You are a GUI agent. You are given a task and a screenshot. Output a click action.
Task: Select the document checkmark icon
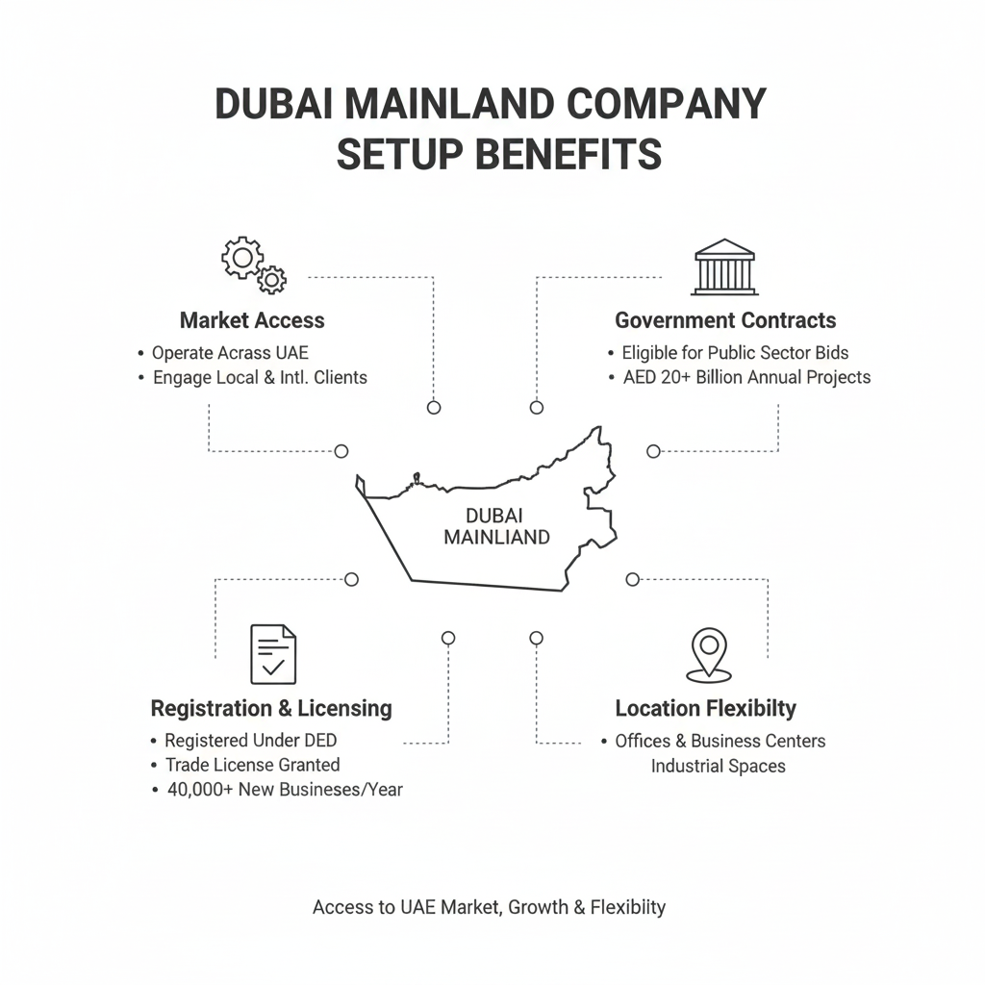[273, 654]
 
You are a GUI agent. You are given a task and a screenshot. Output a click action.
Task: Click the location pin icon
[709, 654]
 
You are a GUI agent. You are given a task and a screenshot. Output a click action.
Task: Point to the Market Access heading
[252, 320]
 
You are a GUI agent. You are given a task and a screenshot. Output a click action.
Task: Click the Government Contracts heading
[725, 320]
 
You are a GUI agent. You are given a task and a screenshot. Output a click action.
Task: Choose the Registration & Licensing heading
[271, 709]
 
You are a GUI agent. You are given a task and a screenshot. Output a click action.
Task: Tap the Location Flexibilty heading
[705, 709]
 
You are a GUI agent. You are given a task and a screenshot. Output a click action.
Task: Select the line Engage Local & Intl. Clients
[260, 378]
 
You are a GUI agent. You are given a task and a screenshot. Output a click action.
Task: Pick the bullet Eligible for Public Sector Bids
[735, 353]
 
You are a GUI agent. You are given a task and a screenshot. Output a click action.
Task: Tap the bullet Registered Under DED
[250, 741]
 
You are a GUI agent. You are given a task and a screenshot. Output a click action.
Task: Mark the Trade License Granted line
[252, 766]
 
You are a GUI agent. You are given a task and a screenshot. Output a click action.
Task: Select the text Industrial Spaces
[718, 767]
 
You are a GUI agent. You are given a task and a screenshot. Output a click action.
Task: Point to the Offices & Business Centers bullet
[720, 741]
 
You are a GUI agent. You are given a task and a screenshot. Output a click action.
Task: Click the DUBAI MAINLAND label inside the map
[496, 526]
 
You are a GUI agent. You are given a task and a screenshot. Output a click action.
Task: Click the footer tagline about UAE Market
[489, 907]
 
